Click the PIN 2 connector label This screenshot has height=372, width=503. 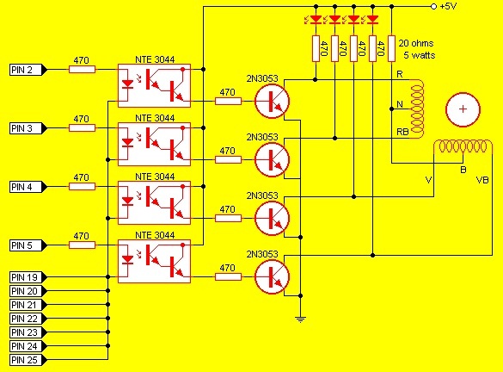click(28, 70)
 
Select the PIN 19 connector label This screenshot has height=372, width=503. click(28, 277)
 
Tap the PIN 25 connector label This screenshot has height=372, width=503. click(28, 360)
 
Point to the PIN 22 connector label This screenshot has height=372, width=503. click(28, 319)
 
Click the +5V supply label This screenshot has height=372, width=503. click(448, 6)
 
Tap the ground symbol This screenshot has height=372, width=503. click(300, 319)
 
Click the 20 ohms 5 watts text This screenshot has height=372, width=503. click(416, 49)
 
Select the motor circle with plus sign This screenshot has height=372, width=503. click(463, 109)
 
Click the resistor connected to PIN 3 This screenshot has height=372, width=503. click(83, 127)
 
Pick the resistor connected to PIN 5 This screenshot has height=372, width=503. click(83, 245)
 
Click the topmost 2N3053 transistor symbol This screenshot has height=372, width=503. click(272, 101)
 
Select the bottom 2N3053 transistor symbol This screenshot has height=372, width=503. click(272, 276)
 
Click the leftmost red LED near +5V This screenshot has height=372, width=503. click(316, 20)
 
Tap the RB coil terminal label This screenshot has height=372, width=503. click(402, 132)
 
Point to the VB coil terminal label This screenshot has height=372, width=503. click(482, 180)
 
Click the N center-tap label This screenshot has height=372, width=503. click(400, 104)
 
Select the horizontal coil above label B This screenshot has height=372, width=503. click(463, 146)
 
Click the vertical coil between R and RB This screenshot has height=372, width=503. click(417, 109)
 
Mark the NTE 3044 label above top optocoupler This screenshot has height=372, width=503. click(155, 59)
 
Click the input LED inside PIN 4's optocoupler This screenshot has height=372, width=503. click(128, 201)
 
